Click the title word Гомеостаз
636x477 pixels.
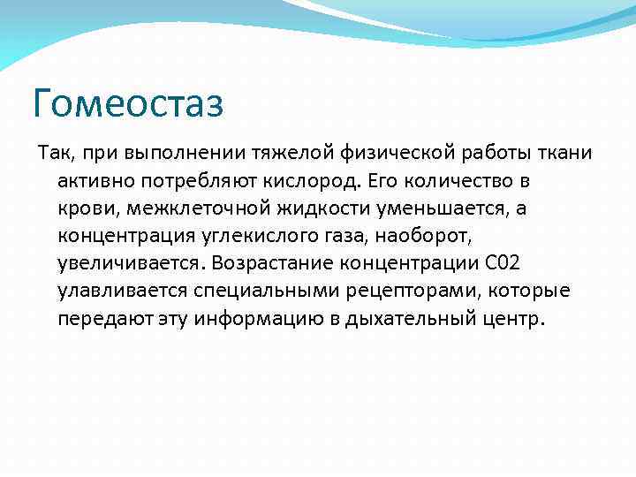128,103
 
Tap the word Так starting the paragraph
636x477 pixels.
52,155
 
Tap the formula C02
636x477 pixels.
508,264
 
